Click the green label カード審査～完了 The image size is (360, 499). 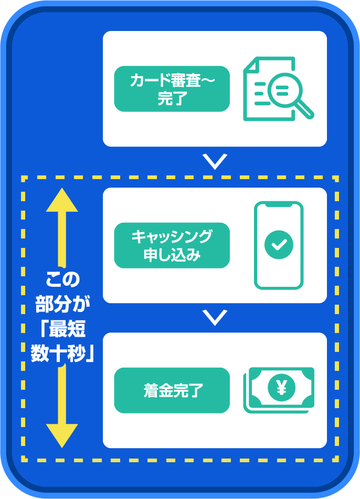click(x=172, y=89)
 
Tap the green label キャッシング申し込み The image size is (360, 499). click(x=172, y=245)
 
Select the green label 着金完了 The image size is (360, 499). click(x=172, y=390)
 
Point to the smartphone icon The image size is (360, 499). click(x=279, y=245)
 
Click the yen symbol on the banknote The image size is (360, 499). click(x=281, y=388)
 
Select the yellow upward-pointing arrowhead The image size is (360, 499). click(x=62, y=200)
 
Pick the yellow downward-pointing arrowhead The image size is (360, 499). click(x=62, y=435)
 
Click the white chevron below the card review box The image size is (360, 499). click(x=215, y=161)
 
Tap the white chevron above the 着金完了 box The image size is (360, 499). click(x=215, y=317)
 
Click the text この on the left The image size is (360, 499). click(x=62, y=279)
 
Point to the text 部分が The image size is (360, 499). click(x=62, y=305)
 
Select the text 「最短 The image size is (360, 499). click(x=62, y=329)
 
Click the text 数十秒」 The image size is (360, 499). click(x=62, y=354)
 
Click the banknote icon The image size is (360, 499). click(x=279, y=389)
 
